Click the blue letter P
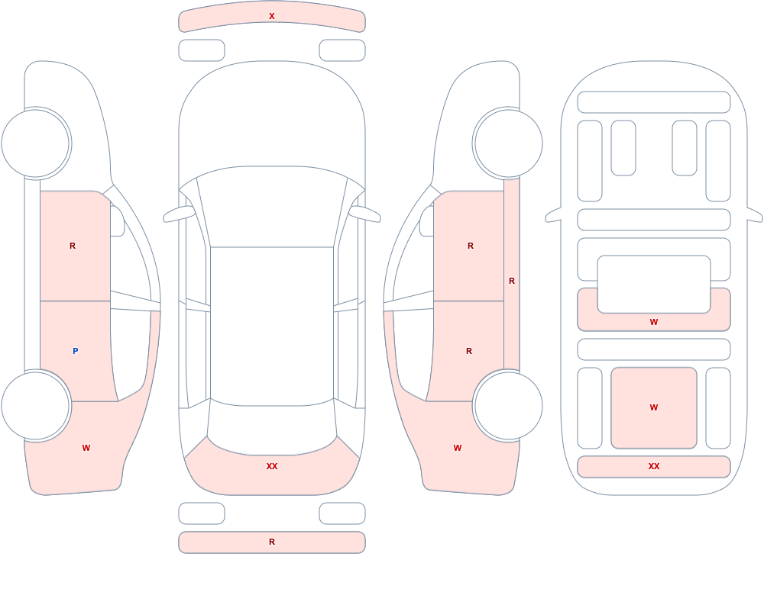point(75,351)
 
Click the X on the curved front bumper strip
point(272,16)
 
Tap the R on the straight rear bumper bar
point(272,542)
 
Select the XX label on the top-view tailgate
point(272,466)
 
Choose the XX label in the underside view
point(654,466)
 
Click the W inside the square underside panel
point(654,407)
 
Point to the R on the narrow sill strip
point(512,281)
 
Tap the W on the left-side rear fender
point(86,448)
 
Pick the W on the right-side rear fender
point(458,448)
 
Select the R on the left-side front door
point(73,246)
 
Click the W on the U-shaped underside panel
point(654,322)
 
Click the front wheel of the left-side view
point(36,143)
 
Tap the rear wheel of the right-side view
point(508,405)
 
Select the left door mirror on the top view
point(178,214)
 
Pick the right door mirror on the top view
point(365,214)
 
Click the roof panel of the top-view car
point(272,325)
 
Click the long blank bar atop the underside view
point(654,102)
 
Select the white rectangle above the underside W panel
point(654,285)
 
